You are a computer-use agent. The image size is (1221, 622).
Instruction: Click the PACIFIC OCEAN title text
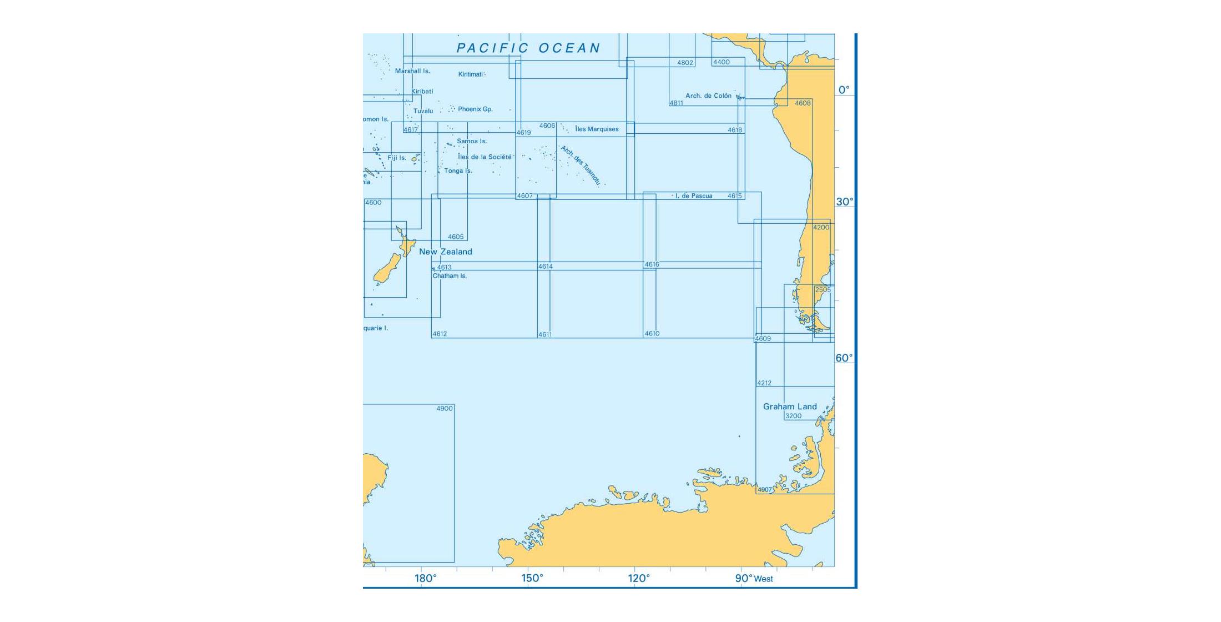(x=528, y=48)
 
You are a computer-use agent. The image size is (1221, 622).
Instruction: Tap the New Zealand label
(x=445, y=252)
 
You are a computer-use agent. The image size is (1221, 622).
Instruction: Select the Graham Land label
(x=790, y=407)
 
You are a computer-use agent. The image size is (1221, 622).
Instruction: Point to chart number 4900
(x=445, y=409)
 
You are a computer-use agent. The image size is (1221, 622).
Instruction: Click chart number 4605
(x=456, y=237)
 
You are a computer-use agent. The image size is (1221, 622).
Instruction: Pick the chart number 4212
(x=764, y=383)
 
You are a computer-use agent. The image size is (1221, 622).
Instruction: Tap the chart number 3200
(x=793, y=416)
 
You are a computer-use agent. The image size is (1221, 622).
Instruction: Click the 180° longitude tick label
(x=426, y=579)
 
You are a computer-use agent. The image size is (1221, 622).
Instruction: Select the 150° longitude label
(x=532, y=579)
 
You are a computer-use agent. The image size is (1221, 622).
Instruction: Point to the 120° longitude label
(x=639, y=579)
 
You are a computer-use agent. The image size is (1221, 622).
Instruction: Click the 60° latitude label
(x=844, y=358)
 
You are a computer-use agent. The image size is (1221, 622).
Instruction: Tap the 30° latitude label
(x=845, y=202)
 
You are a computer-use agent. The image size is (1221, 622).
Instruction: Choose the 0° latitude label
(x=844, y=90)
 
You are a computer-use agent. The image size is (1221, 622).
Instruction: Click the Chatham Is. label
(x=450, y=276)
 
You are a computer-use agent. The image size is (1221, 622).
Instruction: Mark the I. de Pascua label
(x=694, y=196)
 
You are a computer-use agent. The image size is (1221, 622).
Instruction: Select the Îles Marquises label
(x=597, y=129)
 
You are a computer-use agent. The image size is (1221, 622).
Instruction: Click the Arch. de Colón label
(x=708, y=96)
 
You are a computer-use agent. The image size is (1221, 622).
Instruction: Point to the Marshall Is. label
(x=412, y=71)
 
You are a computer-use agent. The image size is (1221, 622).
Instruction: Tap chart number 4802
(x=685, y=63)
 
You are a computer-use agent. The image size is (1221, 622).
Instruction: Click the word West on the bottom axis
(x=763, y=579)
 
